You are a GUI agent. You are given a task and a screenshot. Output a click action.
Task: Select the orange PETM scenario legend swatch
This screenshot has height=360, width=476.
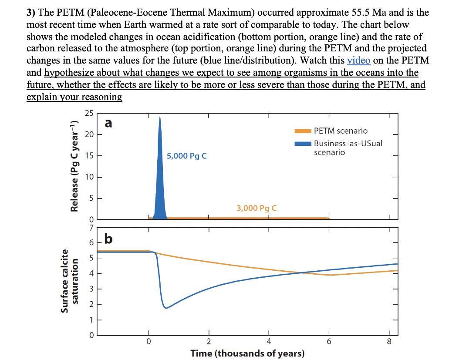pos(303,131)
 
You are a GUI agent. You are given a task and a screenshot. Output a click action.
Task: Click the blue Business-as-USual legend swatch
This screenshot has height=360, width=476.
pos(303,144)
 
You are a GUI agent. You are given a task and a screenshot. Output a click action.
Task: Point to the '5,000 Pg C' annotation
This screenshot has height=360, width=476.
pos(186,156)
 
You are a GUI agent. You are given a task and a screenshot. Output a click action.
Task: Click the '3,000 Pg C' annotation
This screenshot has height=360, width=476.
pos(257,208)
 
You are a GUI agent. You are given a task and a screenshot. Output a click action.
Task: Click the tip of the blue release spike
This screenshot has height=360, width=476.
pos(160,117)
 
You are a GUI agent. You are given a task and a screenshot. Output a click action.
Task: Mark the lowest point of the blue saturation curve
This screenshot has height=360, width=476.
pos(165,308)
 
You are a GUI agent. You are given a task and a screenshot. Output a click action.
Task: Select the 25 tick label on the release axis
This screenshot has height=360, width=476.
pos(89,114)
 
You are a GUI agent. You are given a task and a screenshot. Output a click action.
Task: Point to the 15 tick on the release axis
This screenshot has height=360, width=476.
pos(89,156)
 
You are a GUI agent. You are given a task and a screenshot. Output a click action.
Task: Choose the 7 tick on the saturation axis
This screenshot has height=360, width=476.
pos(91,227)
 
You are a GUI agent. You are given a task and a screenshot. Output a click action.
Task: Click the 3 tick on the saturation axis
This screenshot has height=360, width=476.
pos(91,289)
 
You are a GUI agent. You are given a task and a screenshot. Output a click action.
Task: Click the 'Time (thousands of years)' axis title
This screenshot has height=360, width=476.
pos(247,353)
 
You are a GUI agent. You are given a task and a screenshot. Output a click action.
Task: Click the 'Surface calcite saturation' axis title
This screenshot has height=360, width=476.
pos(70,281)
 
